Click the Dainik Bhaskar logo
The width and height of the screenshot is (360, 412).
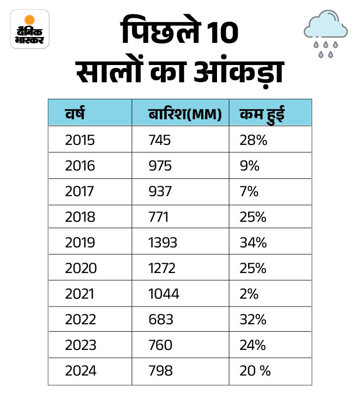click(30, 29)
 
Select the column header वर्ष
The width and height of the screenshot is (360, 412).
click(75, 113)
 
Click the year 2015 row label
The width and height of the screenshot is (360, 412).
click(79, 140)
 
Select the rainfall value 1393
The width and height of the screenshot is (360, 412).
click(162, 242)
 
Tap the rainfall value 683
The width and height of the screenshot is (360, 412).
click(160, 319)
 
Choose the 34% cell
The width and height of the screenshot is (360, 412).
click(253, 242)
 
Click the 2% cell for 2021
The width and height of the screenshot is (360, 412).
click(249, 294)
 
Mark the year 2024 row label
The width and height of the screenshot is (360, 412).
click(80, 371)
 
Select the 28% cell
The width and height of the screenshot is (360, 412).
click(253, 140)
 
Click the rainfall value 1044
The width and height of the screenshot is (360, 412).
click(164, 294)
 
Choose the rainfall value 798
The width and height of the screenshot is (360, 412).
click(160, 371)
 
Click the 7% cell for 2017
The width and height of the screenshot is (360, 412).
click(249, 191)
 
